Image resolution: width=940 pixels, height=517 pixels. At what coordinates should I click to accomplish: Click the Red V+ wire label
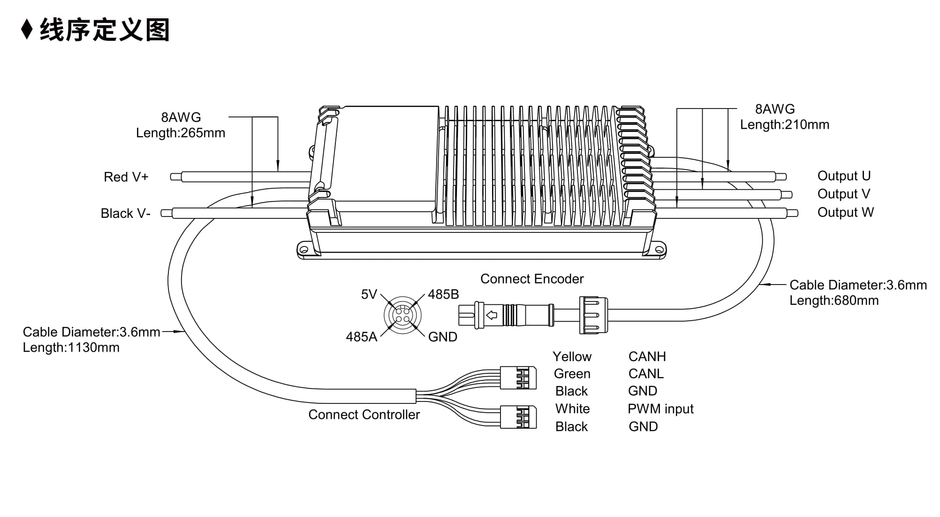[x=126, y=177]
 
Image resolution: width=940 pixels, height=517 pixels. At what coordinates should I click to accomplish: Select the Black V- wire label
[x=125, y=214]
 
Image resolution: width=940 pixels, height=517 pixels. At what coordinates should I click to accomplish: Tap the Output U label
[x=844, y=176]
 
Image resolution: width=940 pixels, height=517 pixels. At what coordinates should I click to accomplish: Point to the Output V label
[x=843, y=194]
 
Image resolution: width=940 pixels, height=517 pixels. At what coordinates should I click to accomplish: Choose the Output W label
[x=845, y=212]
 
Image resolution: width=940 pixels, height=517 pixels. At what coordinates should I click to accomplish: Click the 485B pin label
[x=443, y=294]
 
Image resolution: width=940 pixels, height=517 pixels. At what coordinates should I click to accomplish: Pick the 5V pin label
[x=369, y=294]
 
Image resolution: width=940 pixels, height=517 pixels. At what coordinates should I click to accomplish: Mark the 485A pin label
[x=362, y=337]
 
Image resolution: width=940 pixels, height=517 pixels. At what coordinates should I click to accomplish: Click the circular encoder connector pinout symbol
[x=402, y=315]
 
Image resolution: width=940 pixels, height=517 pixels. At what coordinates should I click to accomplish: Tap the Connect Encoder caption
[x=532, y=279]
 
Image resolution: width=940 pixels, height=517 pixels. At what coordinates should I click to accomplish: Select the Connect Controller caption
[x=364, y=415]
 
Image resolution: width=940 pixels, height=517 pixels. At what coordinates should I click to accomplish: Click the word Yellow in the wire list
[x=572, y=357]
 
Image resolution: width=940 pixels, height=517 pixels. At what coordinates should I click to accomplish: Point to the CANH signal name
[x=647, y=357]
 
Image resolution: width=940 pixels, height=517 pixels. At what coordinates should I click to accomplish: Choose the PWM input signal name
[x=660, y=409]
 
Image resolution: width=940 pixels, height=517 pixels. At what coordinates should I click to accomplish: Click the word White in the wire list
[x=572, y=409]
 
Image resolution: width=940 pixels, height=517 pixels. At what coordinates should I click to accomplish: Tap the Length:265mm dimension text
[x=181, y=133]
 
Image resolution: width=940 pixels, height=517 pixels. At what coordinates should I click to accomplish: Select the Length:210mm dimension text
[x=785, y=124]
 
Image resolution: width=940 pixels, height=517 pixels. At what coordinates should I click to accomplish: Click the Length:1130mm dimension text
[x=71, y=347]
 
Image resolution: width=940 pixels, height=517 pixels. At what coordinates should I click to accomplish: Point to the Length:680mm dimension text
[x=834, y=301]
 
